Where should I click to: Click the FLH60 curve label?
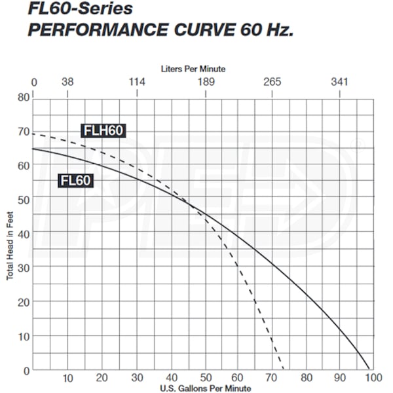(x=103, y=130)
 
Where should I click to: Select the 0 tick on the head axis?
(x=26, y=370)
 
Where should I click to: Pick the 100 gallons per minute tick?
(x=373, y=379)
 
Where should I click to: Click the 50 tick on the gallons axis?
(x=205, y=379)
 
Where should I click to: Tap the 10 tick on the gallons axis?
(x=68, y=379)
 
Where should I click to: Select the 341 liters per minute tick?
(x=339, y=82)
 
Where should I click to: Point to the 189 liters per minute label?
(x=206, y=82)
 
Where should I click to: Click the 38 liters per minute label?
(x=67, y=82)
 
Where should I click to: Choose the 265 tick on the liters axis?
(x=272, y=82)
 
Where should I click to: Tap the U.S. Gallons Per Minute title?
(x=204, y=388)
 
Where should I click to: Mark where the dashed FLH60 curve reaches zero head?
(x=284, y=370)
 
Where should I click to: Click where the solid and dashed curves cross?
(x=191, y=206)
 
